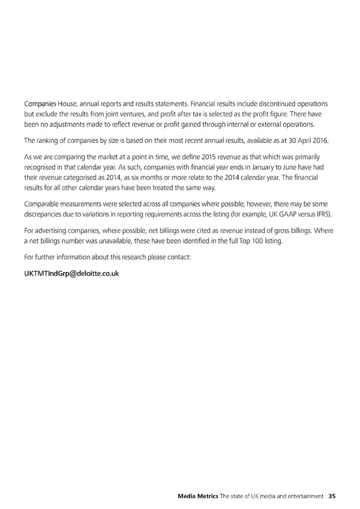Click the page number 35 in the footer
(x=331, y=496)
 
